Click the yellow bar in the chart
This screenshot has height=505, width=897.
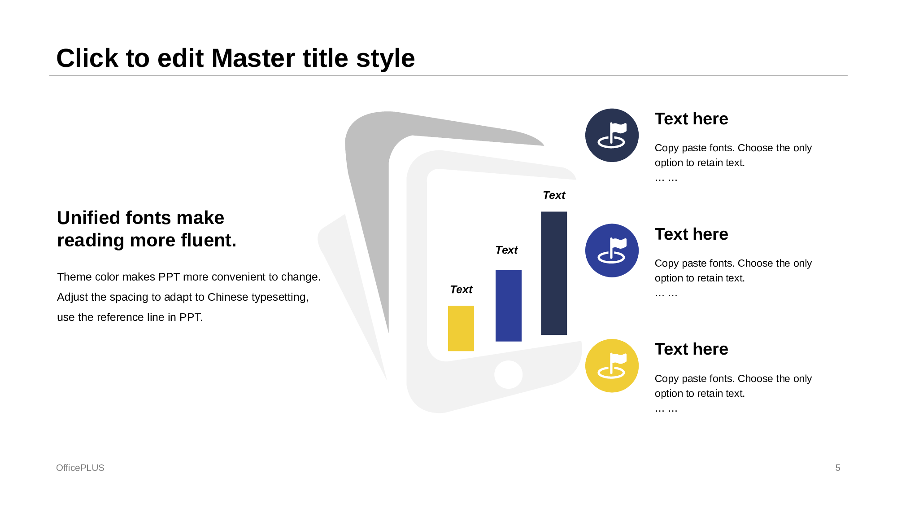461,328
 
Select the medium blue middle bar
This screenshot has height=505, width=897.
509,306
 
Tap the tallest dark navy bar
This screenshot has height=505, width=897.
554,273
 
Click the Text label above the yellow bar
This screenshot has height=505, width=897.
461,290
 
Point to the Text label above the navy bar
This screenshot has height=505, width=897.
554,195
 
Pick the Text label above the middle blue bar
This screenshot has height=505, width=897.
506,250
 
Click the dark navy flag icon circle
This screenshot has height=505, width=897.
612,135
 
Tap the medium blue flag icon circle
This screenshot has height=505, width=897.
612,250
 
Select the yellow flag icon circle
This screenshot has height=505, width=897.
612,366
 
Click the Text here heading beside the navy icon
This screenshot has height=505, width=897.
691,119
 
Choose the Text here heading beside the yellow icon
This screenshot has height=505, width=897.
691,349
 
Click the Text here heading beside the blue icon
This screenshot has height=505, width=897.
691,234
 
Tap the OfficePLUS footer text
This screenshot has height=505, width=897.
80,468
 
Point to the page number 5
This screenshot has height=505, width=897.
838,468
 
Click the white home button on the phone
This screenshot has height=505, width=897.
508,374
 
